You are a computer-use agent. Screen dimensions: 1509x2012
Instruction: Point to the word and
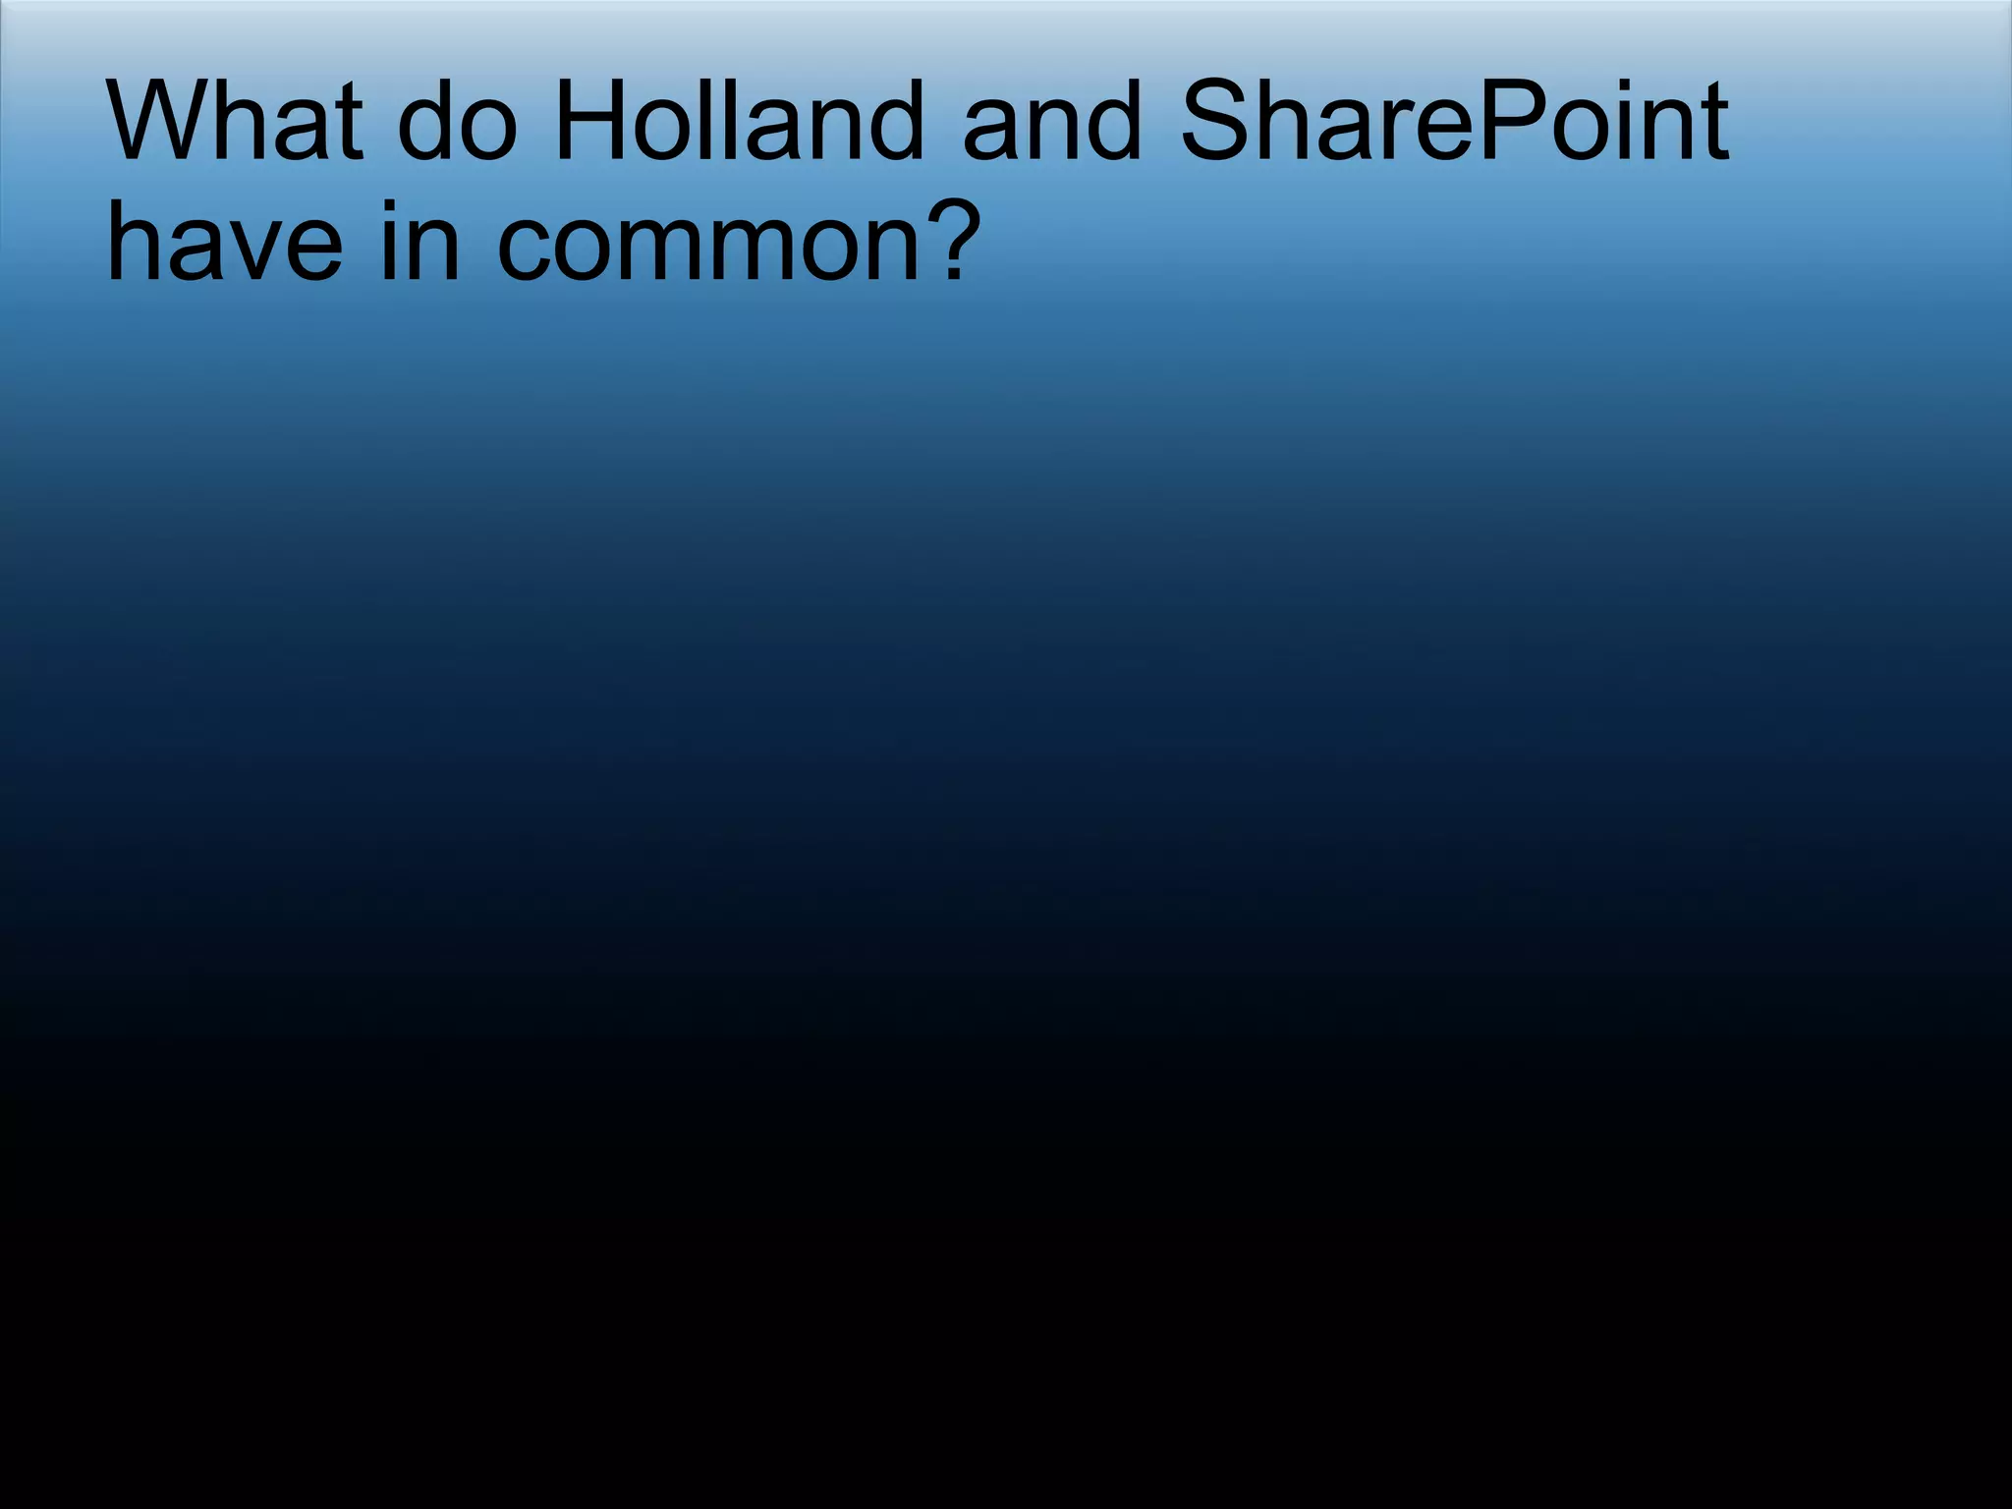[x=1052, y=123]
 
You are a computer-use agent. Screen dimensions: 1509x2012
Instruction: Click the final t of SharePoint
[x=1714, y=123]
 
